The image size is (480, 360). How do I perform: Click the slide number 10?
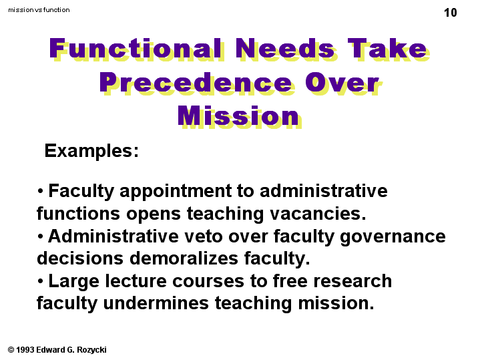tap(451, 13)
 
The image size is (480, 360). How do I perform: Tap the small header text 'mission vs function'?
tap(39, 10)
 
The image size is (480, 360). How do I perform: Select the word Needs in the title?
tap(286, 49)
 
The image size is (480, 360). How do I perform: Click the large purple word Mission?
tap(240, 116)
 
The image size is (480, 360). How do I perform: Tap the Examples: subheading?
tap(91, 151)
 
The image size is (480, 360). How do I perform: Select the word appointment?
tap(176, 192)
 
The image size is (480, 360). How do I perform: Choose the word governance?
tap(393, 237)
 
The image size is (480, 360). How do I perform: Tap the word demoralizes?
tap(184, 258)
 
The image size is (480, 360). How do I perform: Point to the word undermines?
tap(156, 303)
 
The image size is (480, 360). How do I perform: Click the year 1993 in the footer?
tap(25, 350)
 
